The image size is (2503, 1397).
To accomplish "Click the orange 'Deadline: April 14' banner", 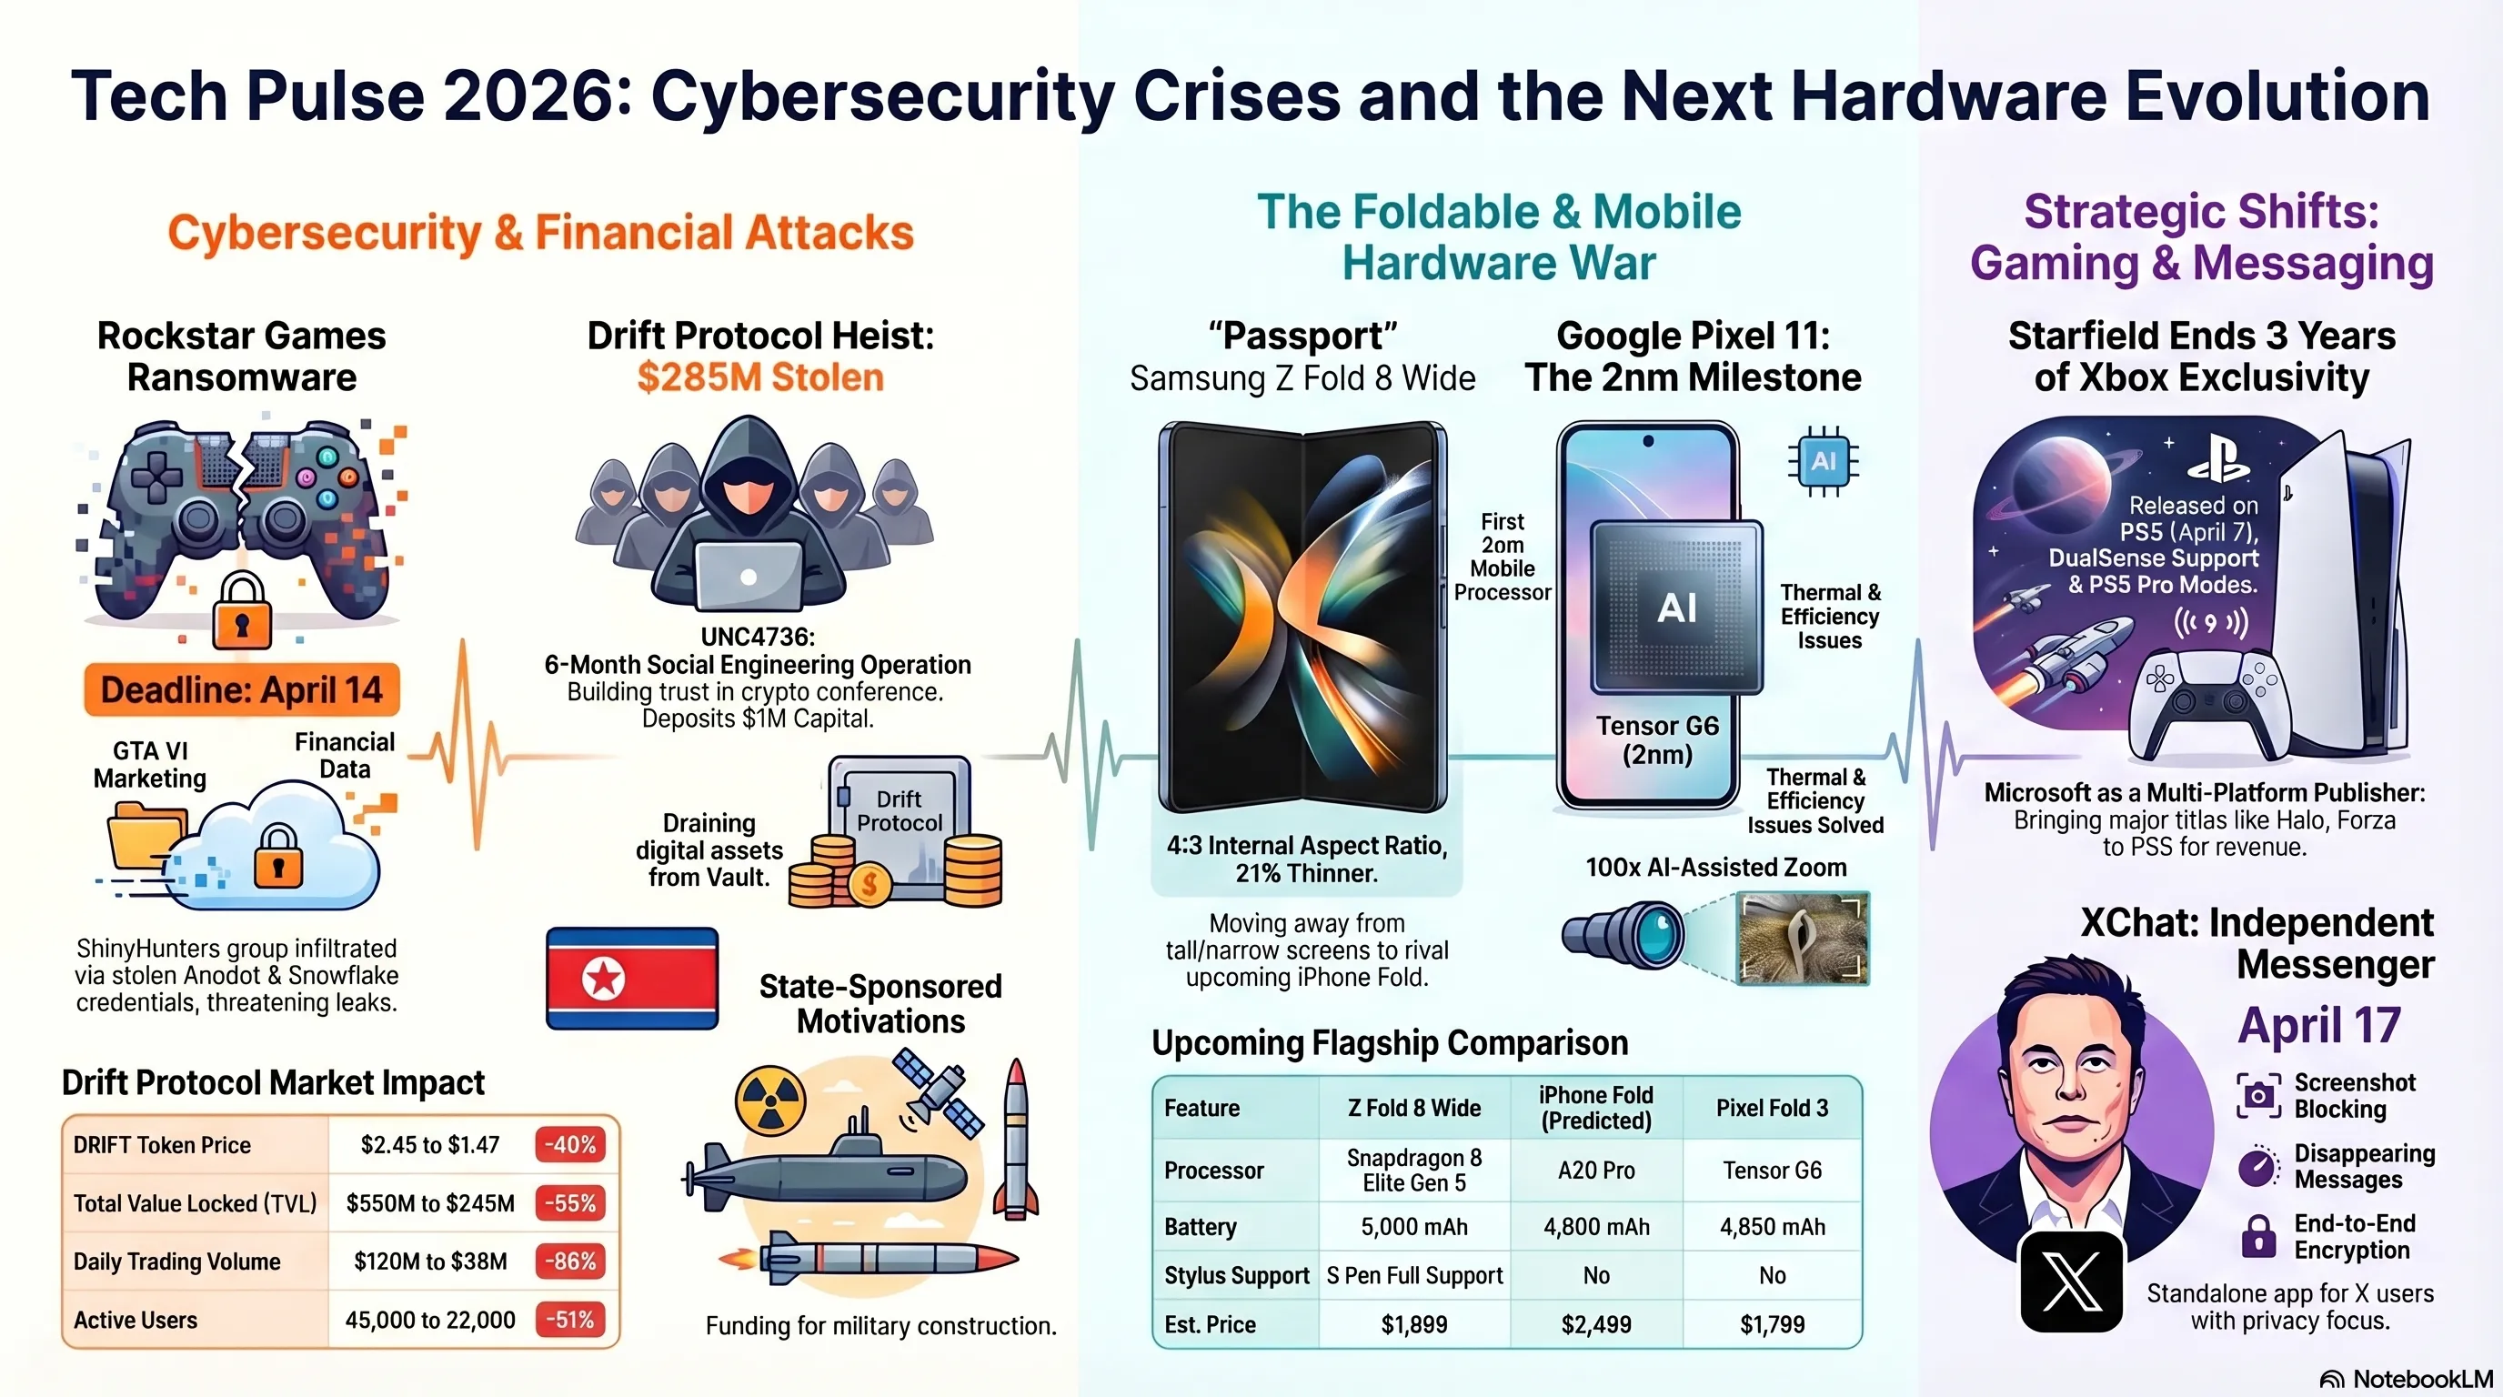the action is point(242,689).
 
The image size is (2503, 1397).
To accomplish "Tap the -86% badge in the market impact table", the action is point(570,1261).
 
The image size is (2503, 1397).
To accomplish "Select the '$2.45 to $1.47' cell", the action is point(430,1144).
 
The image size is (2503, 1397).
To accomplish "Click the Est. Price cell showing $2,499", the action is point(1596,1324).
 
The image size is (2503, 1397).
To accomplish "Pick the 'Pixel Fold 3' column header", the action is point(1773,1108).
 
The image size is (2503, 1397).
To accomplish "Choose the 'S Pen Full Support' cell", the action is point(1414,1275).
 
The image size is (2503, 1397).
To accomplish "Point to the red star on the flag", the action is point(602,978).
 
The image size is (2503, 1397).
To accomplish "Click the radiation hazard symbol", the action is point(770,1101).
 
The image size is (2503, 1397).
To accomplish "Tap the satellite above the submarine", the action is point(938,1092).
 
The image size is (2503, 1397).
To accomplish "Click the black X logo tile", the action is point(2072,1281).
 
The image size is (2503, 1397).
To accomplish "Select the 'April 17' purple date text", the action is point(2319,1025).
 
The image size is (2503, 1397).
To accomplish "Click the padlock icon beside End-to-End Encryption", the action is point(2258,1237).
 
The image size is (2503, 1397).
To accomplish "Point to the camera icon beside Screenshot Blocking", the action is point(2259,1096).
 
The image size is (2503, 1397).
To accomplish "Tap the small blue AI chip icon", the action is point(1824,460).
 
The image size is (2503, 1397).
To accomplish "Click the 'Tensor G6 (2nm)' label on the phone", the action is point(1658,740).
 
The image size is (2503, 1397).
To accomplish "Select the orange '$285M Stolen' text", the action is point(760,377).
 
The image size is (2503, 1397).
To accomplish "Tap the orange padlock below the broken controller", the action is point(242,610).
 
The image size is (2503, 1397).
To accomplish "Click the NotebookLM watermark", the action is point(2406,1380).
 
